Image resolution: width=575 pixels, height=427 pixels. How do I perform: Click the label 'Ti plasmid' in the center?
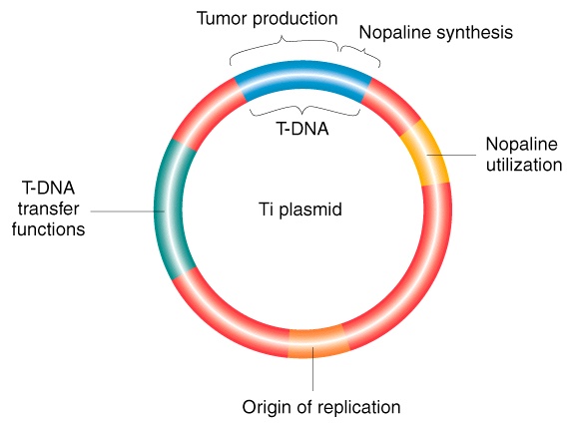299,210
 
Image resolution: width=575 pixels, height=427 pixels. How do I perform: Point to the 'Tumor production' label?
267,19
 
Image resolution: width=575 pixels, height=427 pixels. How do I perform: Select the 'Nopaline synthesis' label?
435,33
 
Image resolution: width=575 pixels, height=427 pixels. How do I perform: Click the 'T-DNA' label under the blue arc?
302,129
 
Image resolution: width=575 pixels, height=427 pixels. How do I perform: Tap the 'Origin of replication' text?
321,408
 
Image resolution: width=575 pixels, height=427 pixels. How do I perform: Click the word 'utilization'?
524,165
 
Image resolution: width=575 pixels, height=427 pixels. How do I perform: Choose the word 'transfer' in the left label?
48,209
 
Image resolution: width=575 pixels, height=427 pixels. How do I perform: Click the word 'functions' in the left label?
48,229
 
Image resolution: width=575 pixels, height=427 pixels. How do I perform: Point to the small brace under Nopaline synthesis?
360,54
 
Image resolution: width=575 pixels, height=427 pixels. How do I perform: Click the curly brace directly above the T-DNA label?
304,110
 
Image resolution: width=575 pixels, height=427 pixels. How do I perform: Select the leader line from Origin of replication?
312,369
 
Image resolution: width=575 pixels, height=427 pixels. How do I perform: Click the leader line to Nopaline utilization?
452,155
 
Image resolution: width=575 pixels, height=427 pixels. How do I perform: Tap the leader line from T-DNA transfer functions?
127,212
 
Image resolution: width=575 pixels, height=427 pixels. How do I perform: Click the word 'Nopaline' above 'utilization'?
521,144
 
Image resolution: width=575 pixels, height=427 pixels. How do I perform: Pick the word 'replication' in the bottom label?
359,408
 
